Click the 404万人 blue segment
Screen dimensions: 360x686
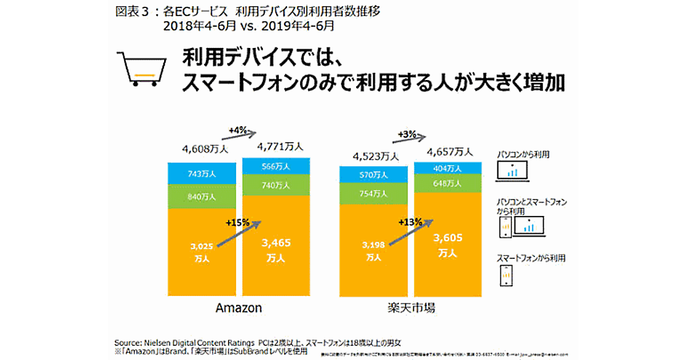pyautogui.click(x=447, y=168)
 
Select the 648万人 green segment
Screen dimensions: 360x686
pyautogui.click(x=447, y=183)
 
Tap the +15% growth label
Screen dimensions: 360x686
pyautogui.click(x=237, y=222)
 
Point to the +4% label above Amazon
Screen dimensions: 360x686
pyautogui.click(x=237, y=130)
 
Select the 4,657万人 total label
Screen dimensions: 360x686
pyautogui.click(x=450, y=151)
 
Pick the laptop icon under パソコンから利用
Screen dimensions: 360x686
pyautogui.click(x=513, y=170)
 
